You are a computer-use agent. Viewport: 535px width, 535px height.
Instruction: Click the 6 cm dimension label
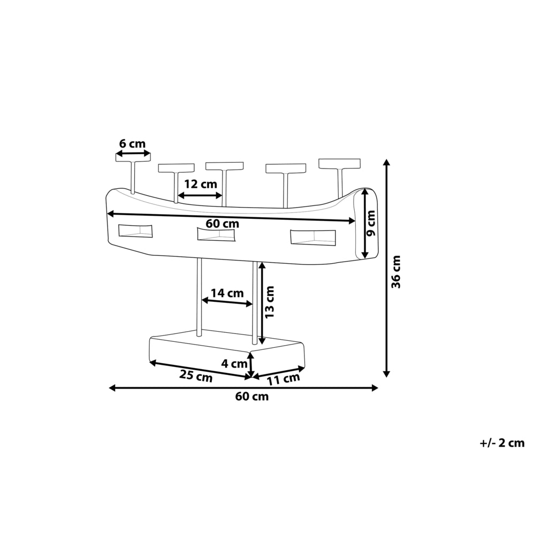[x=132, y=143]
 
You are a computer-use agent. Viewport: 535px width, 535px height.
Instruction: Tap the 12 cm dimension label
[x=201, y=184]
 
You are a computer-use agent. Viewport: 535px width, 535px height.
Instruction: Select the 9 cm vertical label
[x=371, y=223]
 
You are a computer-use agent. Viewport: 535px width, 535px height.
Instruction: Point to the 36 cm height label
[x=396, y=272]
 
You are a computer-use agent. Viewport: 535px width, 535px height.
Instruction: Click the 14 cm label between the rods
[x=227, y=293]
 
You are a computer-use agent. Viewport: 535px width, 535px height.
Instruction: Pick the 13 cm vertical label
[x=270, y=302]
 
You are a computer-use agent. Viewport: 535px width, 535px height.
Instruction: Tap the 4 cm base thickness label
[x=234, y=364]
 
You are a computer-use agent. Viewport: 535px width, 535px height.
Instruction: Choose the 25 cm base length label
[x=196, y=376]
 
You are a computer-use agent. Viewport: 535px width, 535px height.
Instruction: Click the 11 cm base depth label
[x=284, y=379]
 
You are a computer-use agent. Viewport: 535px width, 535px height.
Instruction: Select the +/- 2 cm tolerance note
[x=502, y=443]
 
